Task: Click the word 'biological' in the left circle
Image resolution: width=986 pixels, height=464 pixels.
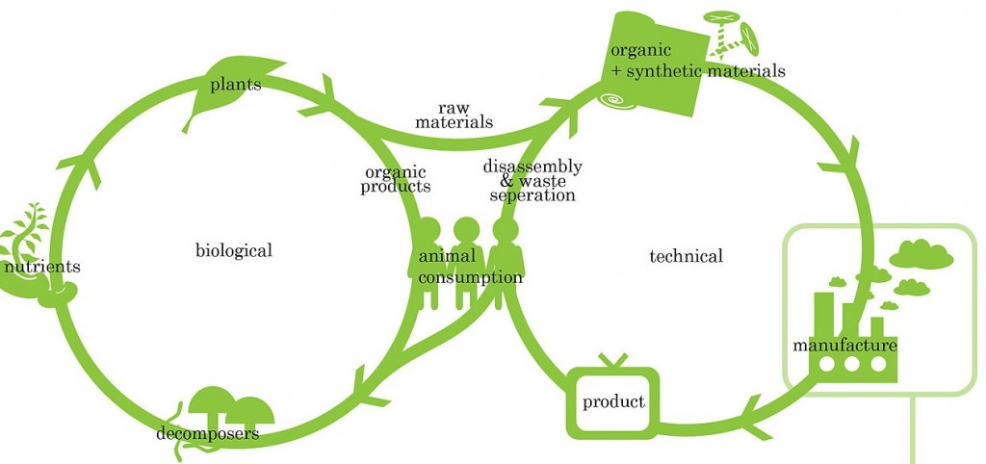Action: pos(233,251)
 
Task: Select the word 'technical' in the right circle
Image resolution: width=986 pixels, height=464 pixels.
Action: pos(686,256)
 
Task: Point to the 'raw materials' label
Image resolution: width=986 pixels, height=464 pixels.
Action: pos(454,116)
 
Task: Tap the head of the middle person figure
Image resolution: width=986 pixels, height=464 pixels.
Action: pos(466,230)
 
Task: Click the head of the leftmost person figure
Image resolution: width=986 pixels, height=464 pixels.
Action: pos(428,230)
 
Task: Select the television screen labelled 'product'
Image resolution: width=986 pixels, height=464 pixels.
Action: pos(613,401)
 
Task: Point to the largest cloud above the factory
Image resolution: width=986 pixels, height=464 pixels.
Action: pos(921,253)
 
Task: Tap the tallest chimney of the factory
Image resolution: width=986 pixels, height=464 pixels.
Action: pos(824,311)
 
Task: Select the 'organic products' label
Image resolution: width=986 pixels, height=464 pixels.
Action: pos(396,180)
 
